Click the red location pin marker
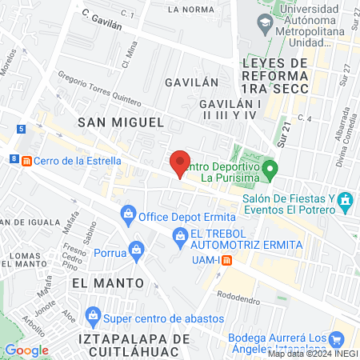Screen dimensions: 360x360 tap(181, 163)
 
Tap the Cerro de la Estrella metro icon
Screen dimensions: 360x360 tap(27, 160)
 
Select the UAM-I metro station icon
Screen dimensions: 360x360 tap(227, 259)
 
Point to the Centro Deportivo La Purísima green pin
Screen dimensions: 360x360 tap(271, 170)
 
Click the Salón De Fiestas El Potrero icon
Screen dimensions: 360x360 tap(345, 199)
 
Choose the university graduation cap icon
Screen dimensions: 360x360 tap(264, 25)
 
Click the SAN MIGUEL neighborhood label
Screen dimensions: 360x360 tap(121, 122)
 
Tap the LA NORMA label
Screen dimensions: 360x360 tap(190, 10)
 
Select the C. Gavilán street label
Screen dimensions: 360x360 tap(101, 20)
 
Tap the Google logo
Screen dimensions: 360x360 tap(26, 350)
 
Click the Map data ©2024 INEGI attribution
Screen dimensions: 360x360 tap(313, 354)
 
